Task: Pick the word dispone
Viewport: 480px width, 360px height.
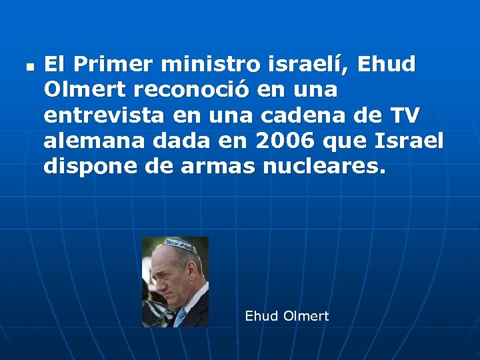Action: (x=89, y=167)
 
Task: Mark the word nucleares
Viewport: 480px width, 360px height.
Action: (x=324, y=167)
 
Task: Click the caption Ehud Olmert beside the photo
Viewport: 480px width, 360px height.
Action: (x=287, y=316)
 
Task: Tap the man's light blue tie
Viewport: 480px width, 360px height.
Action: (x=181, y=316)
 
